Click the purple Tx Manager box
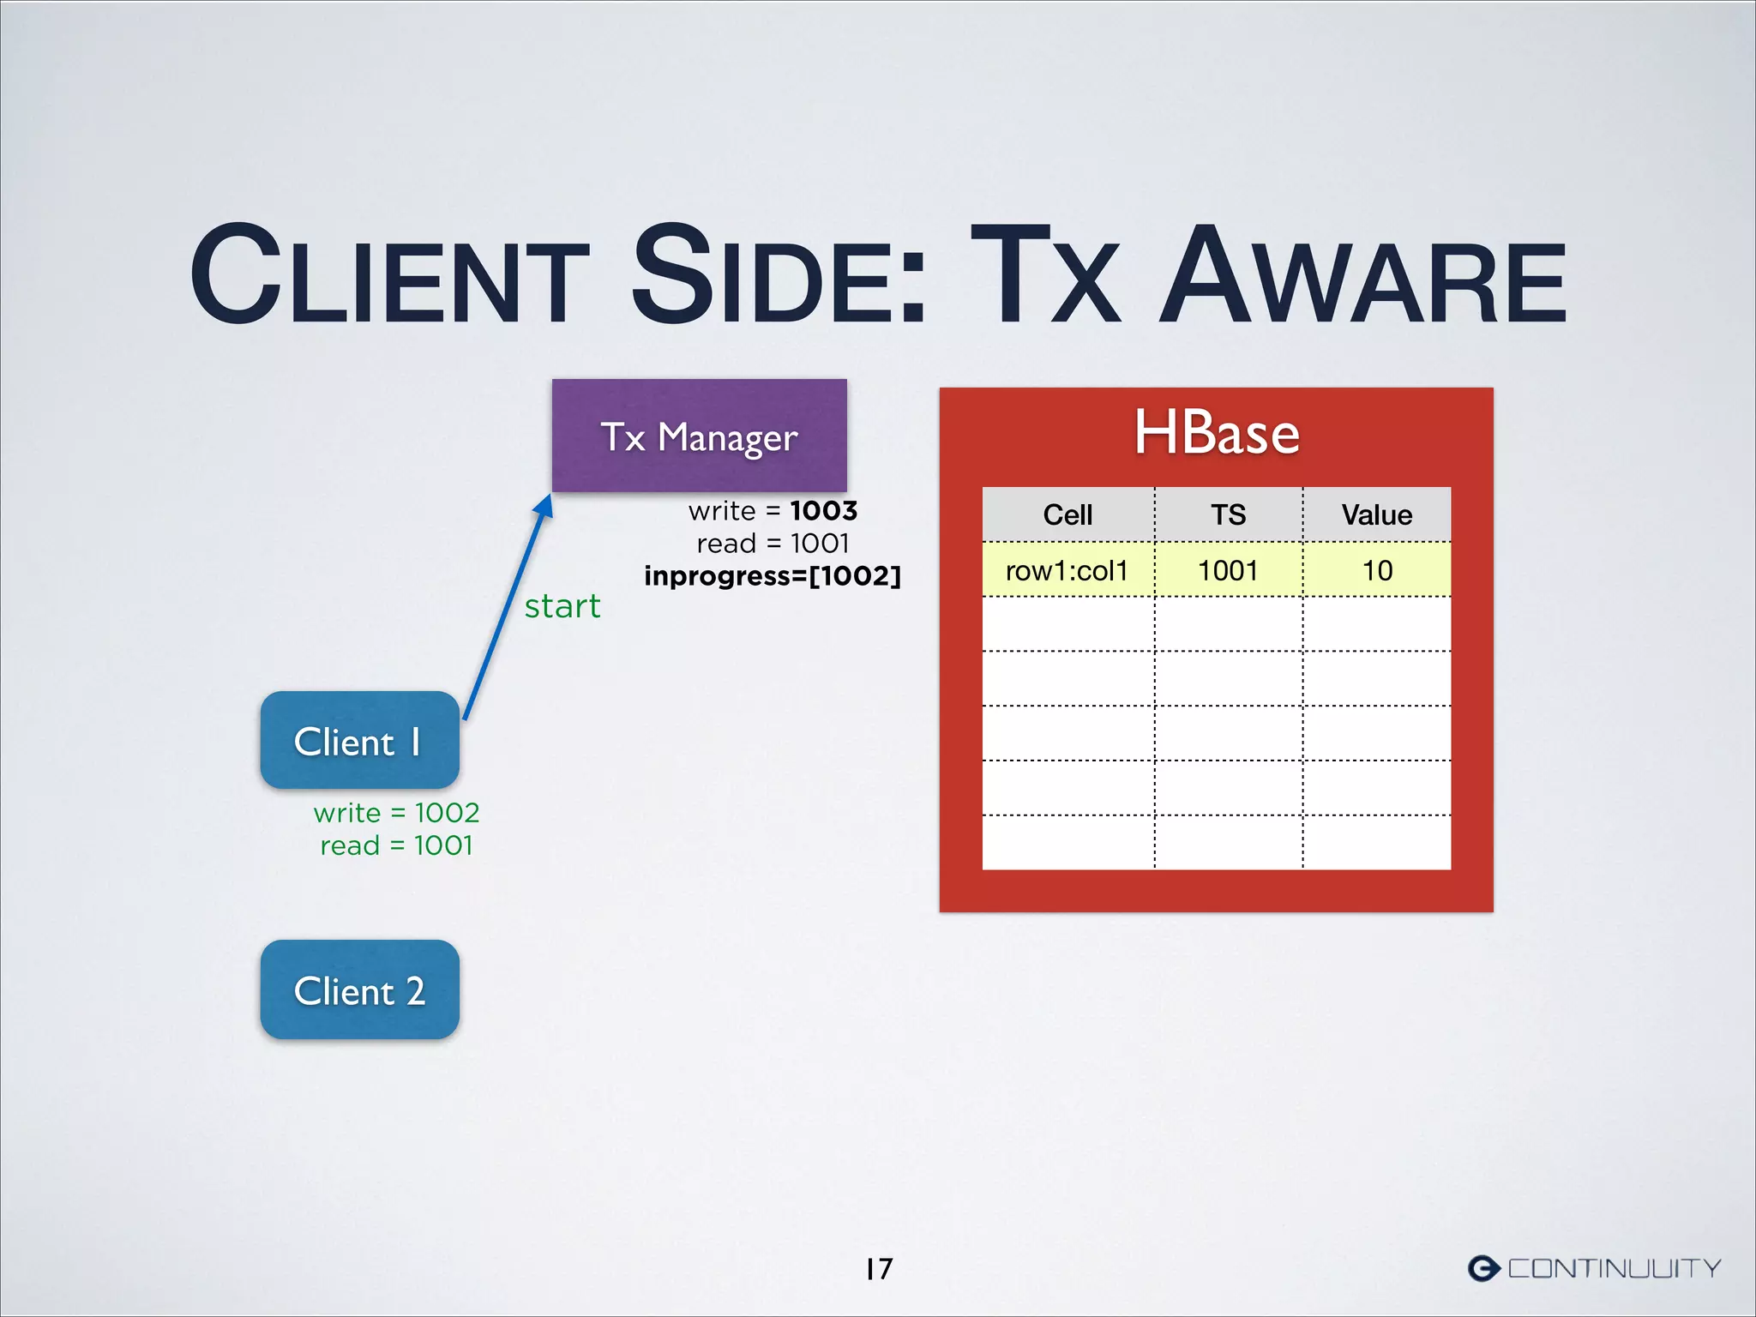click(x=699, y=436)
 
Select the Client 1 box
click(x=359, y=740)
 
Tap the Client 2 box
click(x=359, y=989)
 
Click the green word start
click(x=562, y=606)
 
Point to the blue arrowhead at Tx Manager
click(x=544, y=507)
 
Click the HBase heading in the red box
click(x=1216, y=432)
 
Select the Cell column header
click(x=1067, y=514)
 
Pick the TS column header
click(x=1228, y=514)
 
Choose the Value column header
click(x=1376, y=514)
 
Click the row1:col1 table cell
click(x=1067, y=570)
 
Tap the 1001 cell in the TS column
click(x=1228, y=570)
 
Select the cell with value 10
click(x=1377, y=570)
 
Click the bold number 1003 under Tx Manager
click(x=824, y=511)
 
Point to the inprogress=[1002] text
click(x=773, y=575)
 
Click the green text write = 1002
click(x=396, y=812)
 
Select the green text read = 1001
click(x=396, y=845)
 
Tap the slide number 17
click(x=879, y=1268)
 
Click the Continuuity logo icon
click(x=1483, y=1268)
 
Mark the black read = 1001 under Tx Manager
click(x=773, y=544)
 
